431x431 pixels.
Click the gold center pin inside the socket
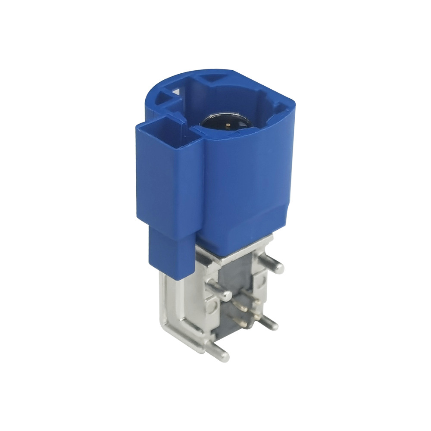[228, 124]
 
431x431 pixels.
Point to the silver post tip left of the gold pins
[226, 297]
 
